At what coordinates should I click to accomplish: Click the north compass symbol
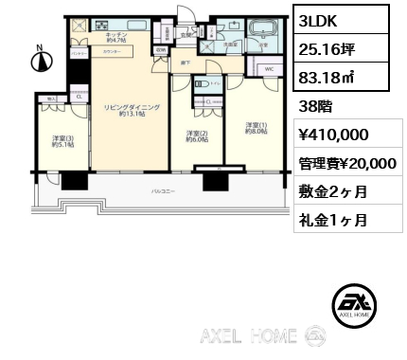pyautogui.click(x=39, y=61)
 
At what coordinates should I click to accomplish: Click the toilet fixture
pyautogui.click(x=201, y=86)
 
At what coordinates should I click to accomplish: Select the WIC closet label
pyautogui.click(x=269, y=70)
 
